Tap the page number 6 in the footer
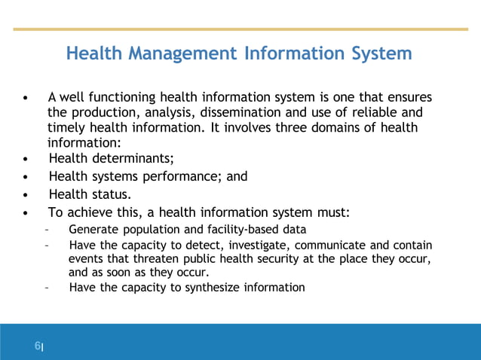(x=36, y=346)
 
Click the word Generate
(x=92, y=230)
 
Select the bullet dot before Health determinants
(x=27, y=158)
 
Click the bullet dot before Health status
(x=27, y=195)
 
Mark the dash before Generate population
(x=47, y=230)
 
